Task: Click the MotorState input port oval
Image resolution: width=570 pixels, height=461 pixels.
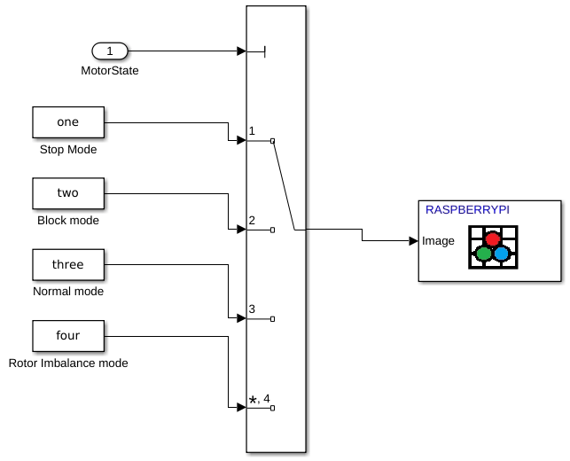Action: tap(110, 51)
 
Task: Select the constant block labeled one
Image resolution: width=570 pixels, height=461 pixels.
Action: tap(68, 122)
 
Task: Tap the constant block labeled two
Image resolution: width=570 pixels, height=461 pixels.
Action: tap(68, 193)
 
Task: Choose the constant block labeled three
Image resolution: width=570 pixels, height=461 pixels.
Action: tap(68, 264)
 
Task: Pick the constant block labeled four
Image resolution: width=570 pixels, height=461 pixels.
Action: tap(68, 336)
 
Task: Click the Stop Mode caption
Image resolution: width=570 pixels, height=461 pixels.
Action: tap(68, 150)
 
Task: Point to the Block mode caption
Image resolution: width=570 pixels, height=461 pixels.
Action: tap(68, 221)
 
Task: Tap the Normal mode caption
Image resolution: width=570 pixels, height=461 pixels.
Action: tap(68, 292)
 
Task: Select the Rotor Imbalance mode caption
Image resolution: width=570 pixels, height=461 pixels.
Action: tap(68, 363)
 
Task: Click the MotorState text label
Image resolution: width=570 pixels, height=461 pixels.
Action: tap(110, 70)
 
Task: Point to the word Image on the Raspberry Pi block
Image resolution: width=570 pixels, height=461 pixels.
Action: tap(438, 240)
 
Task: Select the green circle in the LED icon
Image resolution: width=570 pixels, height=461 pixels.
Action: tap(484, 254)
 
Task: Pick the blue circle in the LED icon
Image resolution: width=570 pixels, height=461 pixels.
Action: tap(502, 254)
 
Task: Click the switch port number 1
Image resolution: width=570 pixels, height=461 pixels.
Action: tap(253, 131)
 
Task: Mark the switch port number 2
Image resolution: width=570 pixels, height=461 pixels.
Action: tap(253, 221)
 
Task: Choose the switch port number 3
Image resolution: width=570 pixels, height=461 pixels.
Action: tap(253, 309)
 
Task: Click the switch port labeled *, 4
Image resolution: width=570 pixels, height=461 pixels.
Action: tap(260, 399)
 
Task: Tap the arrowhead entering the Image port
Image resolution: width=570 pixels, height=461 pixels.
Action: tap(413, 240)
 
